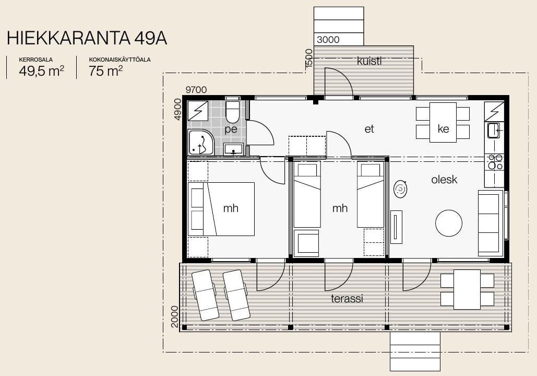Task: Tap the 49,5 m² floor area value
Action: [41, 71]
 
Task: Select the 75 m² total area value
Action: [106, 71]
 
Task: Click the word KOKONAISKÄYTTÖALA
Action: [120, 60]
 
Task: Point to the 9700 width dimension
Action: [196, 90]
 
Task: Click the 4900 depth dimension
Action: [177, 109]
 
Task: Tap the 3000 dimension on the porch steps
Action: [328, 40]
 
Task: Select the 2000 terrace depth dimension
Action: [175, 316]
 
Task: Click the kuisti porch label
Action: [369, 61]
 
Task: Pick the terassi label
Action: [347, 299]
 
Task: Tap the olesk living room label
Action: [444, 179]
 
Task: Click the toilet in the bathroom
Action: [233, 112]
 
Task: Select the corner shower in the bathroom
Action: [201, 142]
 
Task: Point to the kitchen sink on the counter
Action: [494, 131]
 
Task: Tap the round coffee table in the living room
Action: [449, 223]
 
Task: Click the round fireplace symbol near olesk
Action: [400, 189]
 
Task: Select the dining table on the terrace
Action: [467, 290]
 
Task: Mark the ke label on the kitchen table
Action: [443, 129]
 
